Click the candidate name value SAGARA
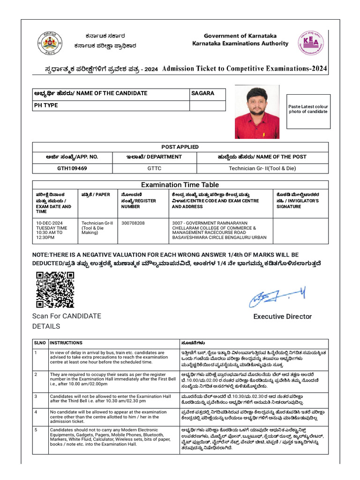pos(202,93)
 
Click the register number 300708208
pos(133,223)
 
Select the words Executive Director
pos(282,317)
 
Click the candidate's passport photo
pos(257,112)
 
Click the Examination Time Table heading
pos(180,185)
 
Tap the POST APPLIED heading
pos(180,147)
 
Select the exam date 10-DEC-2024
pos(49,223)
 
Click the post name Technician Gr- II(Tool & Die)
pos(262,168)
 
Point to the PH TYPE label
pos(46,105)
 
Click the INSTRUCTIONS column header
pos(66,343)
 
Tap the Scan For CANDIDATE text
pos(66,316)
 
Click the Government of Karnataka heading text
pos(240,36)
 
